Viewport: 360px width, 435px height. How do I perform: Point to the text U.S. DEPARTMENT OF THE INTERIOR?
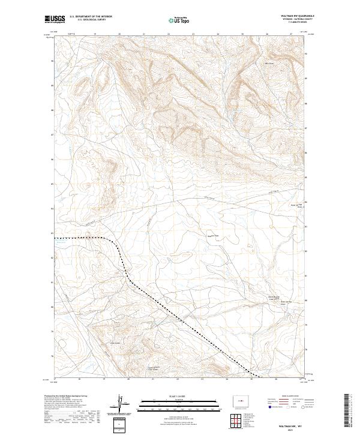91,17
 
